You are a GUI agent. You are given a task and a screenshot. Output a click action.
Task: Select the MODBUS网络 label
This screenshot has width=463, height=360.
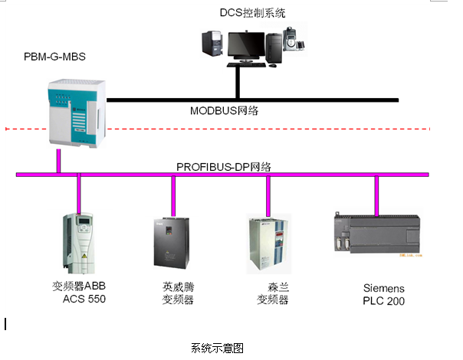coord(224,110)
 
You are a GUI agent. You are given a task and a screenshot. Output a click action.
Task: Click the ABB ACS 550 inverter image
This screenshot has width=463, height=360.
coord(79,243)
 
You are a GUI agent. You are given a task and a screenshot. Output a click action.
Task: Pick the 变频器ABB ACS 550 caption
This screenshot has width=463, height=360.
coord(79,293)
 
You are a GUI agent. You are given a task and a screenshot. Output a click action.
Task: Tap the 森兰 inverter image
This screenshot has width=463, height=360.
coord(269,245)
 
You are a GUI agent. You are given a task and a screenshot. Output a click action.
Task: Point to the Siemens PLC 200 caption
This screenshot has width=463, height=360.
coord(383,294)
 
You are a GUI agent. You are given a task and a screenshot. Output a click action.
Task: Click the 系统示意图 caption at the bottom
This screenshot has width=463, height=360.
coord(217,347)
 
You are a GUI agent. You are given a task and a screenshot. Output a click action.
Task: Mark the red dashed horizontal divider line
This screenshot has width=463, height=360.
coord(230,128)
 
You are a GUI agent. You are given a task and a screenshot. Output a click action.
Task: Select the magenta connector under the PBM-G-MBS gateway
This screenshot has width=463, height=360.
coord(58,162)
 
